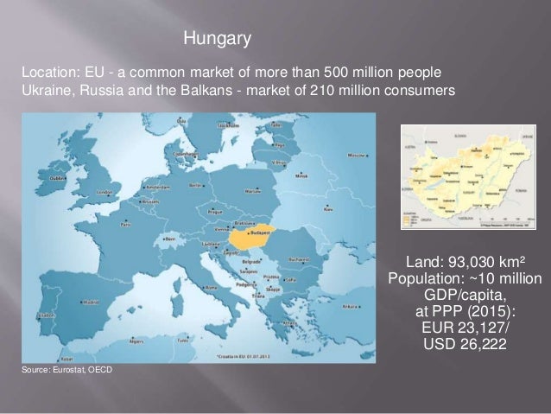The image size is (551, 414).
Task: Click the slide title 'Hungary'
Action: click(x=218, y=39)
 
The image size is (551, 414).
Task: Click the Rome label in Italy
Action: click(x=210, y=288)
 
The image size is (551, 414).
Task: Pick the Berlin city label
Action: click(x=195, y=184)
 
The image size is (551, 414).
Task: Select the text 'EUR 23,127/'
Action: click(x=465, y=328)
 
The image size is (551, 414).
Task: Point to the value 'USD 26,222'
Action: click(x=465, y=344)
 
